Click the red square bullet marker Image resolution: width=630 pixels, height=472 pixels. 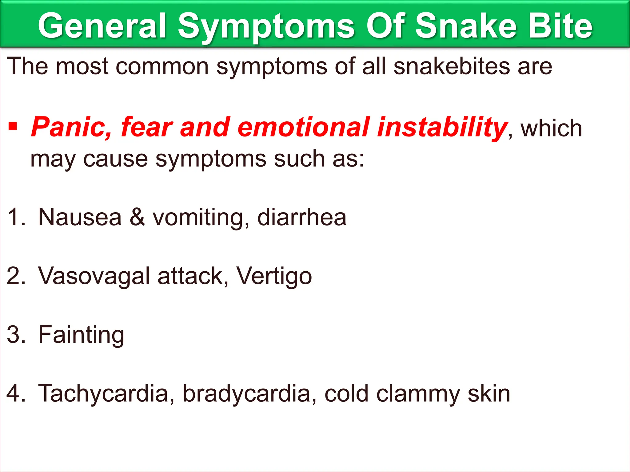[13, 126]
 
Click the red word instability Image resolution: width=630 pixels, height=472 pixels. [442, 127]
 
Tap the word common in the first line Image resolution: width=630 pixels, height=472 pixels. [162, 67]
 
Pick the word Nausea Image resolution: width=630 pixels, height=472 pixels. [80, 217]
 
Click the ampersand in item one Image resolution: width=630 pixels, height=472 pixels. [137, 217]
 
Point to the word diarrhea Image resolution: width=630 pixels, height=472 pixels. [301, 217]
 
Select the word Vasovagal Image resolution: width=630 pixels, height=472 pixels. [94, 276]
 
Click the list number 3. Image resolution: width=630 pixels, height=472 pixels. [15, 335]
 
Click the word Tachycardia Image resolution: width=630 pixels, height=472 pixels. [103, 394]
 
